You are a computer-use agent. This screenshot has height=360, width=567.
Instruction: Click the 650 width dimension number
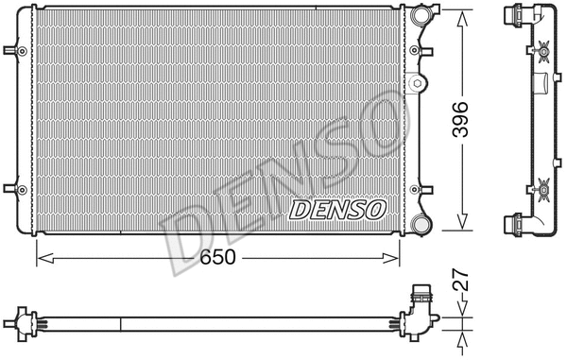pos(216,256)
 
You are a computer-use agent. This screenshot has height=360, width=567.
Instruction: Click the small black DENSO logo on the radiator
pos(336,208)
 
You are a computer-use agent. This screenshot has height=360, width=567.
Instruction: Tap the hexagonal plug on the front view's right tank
pos(418,84)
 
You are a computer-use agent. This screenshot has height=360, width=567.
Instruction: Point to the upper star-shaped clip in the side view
pos(543,53)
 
